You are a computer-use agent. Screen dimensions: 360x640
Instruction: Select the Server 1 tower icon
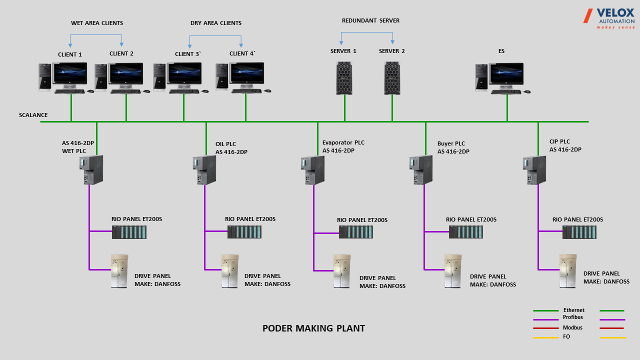click(344, 78)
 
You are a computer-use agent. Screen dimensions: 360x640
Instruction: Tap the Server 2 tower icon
click(392, 78)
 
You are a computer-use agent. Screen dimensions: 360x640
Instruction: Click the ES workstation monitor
click(506, 74)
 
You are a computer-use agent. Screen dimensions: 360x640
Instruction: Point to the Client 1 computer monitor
click(70, 73)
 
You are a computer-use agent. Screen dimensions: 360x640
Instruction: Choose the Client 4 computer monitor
click(247, 73)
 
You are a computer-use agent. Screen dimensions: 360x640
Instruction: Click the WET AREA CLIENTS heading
click(97, 23)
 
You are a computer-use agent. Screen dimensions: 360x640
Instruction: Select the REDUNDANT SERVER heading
click(370, 20)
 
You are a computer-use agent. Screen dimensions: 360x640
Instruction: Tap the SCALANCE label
click(33, 115)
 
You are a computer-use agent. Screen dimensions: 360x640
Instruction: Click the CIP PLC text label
click(559, 141)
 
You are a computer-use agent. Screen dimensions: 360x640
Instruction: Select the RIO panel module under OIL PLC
click(244, 231)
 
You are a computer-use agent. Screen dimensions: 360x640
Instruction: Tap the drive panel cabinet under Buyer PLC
click(452, 271)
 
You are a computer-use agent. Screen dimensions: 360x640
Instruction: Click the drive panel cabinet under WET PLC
click(119, 271)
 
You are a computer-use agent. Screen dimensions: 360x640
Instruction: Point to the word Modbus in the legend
click(572, 328)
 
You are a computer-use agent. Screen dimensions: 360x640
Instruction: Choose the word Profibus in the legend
click(572, 317)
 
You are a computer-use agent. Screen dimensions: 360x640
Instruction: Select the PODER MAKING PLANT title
click(313, 328)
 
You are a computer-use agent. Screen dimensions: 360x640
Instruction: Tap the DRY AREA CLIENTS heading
click(215, 23)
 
